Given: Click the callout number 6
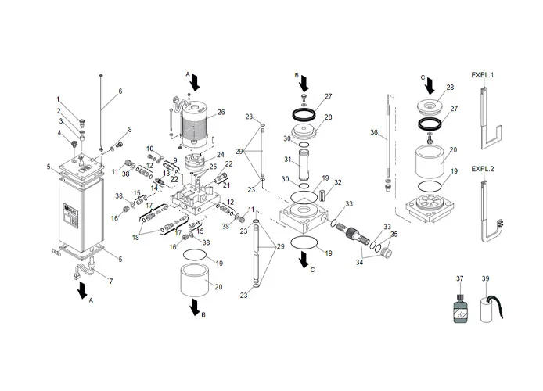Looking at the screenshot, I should (x=120, y=91).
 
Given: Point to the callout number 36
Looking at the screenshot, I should (x=373, y=134).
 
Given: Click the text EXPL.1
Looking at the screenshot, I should (x=483, y=75).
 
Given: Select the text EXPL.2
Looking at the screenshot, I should (x=483, y=169).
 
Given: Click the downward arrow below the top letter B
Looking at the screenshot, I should (x=305, y=84).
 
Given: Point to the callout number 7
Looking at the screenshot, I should (x=109, y=281).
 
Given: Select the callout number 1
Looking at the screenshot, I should (x=58, y=99).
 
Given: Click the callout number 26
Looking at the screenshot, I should (x=221, y=113).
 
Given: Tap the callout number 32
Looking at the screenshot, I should (x=337, y=182).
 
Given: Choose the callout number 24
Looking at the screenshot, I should (x=221, y=155).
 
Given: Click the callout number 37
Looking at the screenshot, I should (x=460, y=278).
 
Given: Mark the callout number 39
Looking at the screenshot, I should (x=485, y=278).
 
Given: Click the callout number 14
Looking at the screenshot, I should (x=154, y=188).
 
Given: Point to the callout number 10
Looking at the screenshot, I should (x=150, y=149).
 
